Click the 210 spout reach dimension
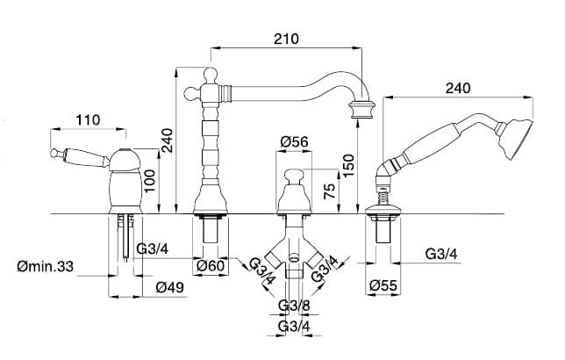(x=286, y=39)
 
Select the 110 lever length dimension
(x=88, y=119)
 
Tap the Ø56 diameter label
(x=294, y=141)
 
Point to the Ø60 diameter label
(x=211, y=266)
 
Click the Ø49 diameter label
(x=169, y=287)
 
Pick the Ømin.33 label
(x=45, y=267)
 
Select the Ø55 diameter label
(x=383, y=286)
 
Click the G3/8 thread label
(x=294, y=306)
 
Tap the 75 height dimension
(x=330, y=191)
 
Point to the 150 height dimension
(x=348, y=166)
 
